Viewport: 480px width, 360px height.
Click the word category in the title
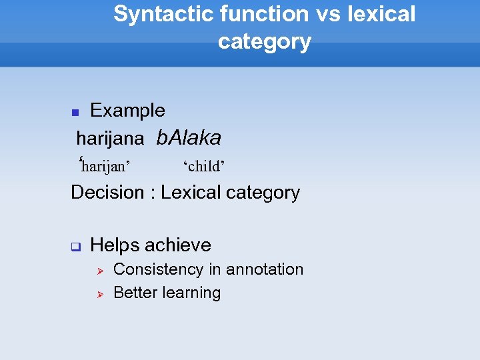(x=264, y=41)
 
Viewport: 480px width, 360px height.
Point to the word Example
(x=127, y=111)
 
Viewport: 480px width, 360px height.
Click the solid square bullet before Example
(x=75, y=113)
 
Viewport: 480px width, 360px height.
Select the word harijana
(x=110, y=139)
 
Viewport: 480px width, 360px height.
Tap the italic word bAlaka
(x=188, y=138)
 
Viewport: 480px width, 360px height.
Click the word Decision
(x=107, y=193)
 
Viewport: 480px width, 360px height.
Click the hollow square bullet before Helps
(x=75, y=247)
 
